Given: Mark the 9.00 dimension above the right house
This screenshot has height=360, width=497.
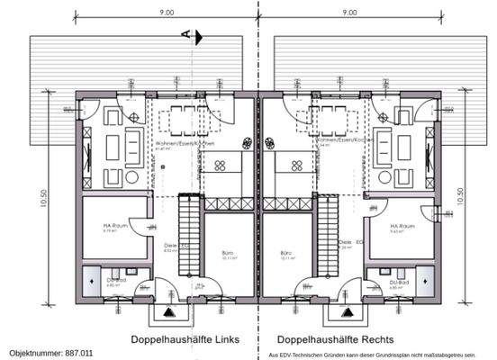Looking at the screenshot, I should (349, 13).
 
